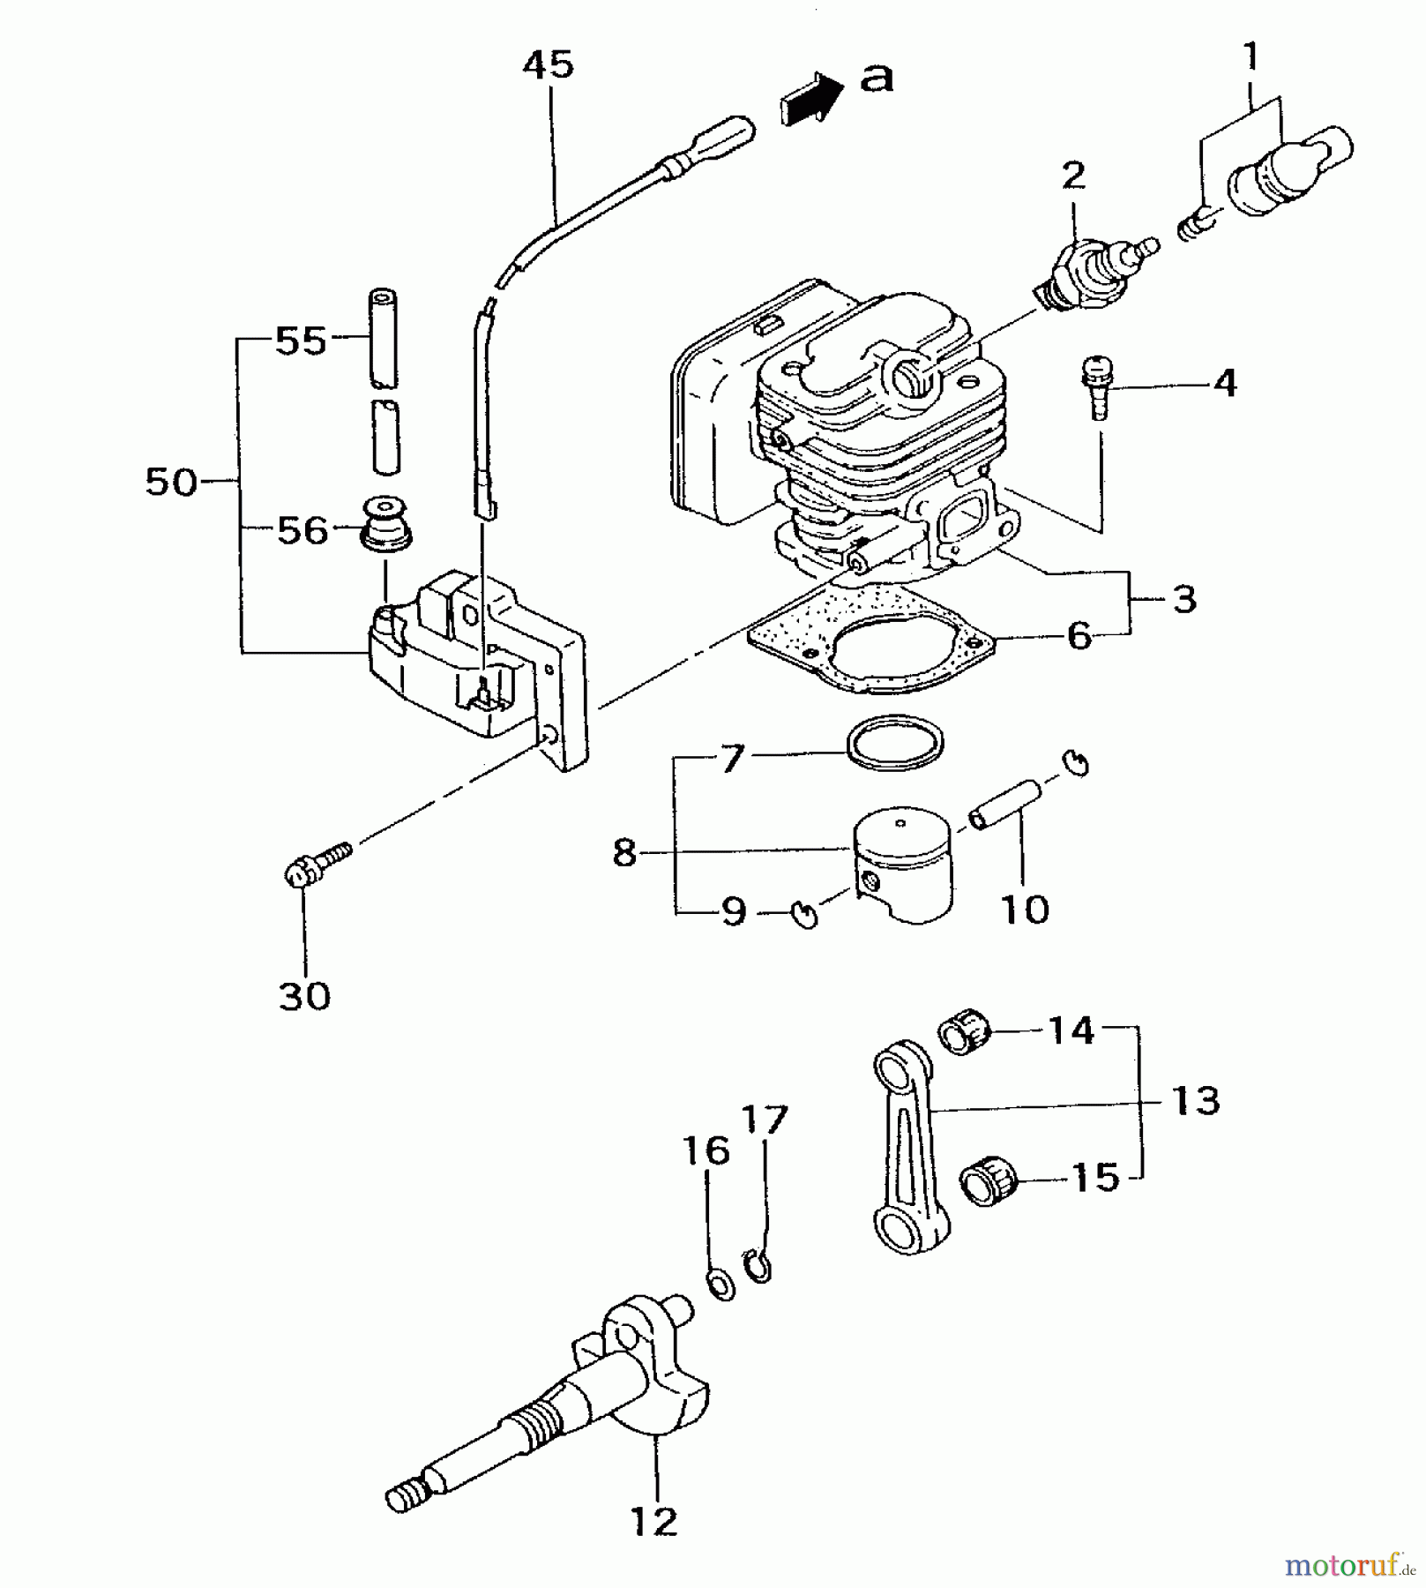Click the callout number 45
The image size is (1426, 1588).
(x=548, y=64)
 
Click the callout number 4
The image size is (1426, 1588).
(x=1225, y=384)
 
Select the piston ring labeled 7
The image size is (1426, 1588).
(x=894, y=741)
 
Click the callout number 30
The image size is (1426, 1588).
(x=304, y=997)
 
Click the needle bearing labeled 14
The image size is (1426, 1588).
(x=965, y=1032)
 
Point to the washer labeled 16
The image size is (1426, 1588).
(x=720, y=1284)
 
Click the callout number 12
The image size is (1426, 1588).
(x=654, y=1521)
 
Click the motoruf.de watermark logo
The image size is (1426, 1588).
(x=1349, y=1565)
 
